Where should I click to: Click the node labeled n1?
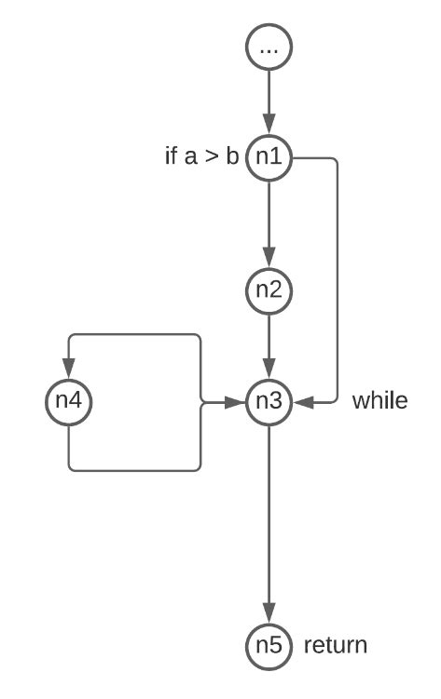tap(269, 157)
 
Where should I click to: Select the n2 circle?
tap(269, 289)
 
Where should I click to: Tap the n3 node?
tap(269, 402)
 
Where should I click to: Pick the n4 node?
tap(69, 402)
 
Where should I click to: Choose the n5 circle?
tap(269, 644)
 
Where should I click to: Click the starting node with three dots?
tap(269, 46)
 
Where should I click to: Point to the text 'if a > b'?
tap(201, 157)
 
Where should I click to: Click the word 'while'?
tap(379, 402)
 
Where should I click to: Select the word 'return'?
tap(336, 644)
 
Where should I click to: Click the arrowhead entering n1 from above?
tap(269, 128)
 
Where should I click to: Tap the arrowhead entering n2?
tap(269, 260)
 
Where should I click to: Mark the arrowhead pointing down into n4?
tap(69, 372)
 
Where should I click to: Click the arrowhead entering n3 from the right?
tap(300, 402)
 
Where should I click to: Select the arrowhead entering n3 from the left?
tap(237, 402)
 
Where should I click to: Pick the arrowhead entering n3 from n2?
tap(269, 372)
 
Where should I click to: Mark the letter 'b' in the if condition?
tap(232, 157)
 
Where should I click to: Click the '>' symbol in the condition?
tap(214, 158)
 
